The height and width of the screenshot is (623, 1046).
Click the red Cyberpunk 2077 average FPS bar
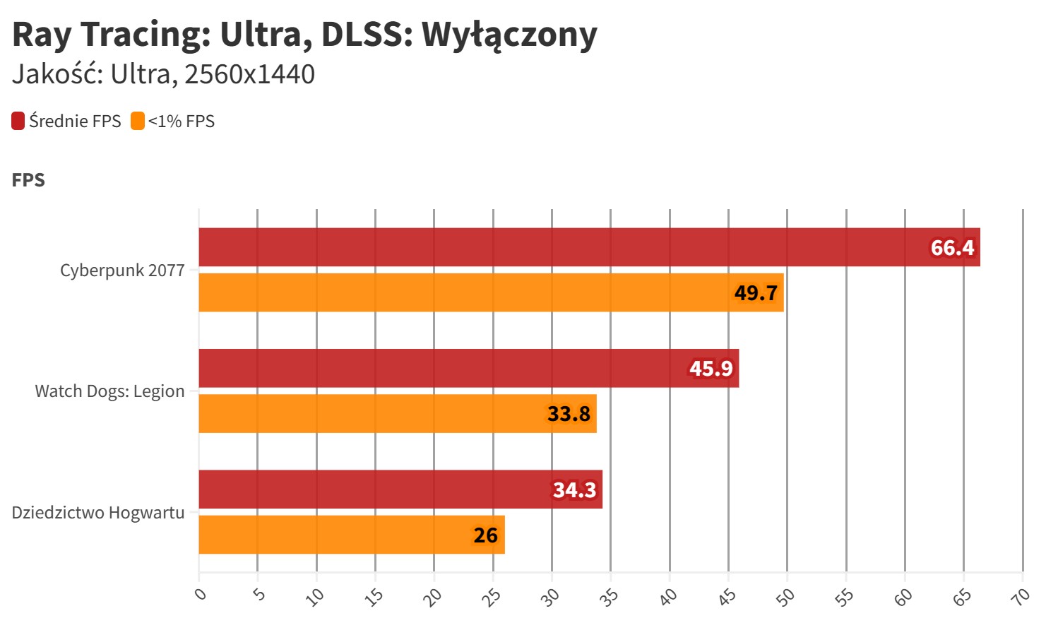(x=565, y=247)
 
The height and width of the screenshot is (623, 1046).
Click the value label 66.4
(x=952, y=248)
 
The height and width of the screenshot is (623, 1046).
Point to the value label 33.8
(x=569, y=413)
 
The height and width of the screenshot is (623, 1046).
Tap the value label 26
(x=485, y=535)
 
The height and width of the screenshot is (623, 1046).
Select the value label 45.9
(x=711, y=369)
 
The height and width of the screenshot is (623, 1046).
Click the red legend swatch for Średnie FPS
(x=18, y=121)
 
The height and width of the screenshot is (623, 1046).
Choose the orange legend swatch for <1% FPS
(x=138, y=121)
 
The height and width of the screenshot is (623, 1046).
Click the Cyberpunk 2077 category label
(x=122, y=271)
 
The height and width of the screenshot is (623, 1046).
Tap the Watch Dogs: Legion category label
(x=109, y=391)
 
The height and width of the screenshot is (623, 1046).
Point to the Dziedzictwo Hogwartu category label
(x=98, y=513)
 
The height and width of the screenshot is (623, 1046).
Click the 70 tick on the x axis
(x=1020, y=597)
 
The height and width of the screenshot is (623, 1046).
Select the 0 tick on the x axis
(x=201, y=593)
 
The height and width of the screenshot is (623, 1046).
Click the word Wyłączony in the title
(x=509, y=34)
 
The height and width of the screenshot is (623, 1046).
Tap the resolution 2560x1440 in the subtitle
(x=249, y=74)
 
